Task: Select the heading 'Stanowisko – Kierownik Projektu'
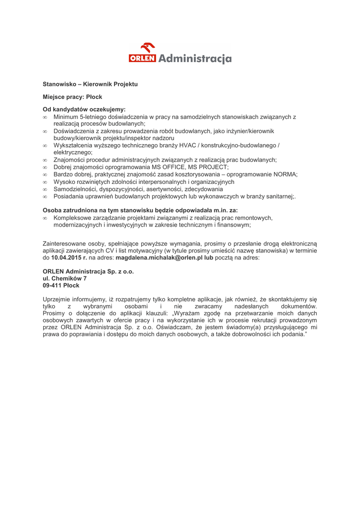tap(90, 85)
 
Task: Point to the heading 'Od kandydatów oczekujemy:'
tap(84, 108)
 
